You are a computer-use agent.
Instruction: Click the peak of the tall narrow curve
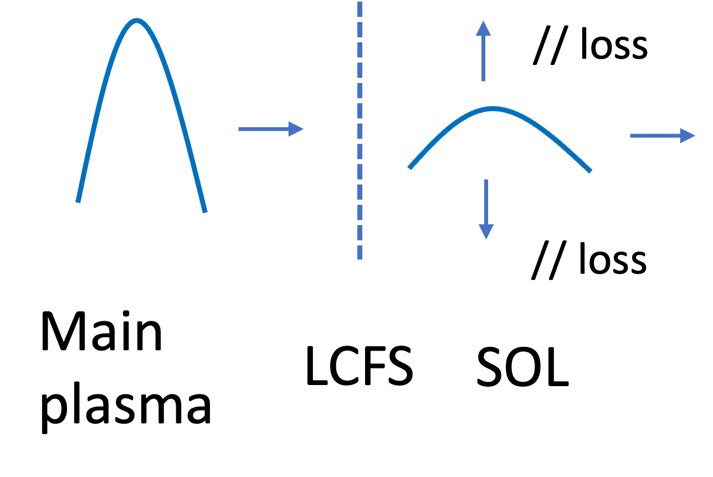tap(137, 22)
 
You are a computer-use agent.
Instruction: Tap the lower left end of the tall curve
tap(78, 201)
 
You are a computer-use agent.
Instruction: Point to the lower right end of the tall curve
tap(205, 211)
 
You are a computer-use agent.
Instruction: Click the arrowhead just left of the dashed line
tap(297, 129)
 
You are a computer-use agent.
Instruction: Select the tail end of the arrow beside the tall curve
tap(239, 129)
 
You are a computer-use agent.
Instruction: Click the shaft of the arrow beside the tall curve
tap(264, 129)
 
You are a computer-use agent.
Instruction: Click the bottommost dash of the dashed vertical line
tap(360, 253)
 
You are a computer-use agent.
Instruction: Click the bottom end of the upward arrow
tap(483, 80)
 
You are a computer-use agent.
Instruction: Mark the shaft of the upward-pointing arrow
tap(483, 58)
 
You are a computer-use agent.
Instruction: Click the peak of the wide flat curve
tap(493, 109)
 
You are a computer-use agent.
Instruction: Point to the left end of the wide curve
tap(410, 167)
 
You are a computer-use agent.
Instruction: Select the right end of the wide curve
tap(591, 171)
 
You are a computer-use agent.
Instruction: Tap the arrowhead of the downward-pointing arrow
tap(486, 232)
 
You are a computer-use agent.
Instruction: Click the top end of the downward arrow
tap(486, 181)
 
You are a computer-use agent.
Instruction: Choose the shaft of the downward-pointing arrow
tap(486, 202)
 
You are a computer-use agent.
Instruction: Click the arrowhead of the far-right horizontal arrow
tap(688, 136)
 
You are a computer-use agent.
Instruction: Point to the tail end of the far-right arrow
tap(631, 136)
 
